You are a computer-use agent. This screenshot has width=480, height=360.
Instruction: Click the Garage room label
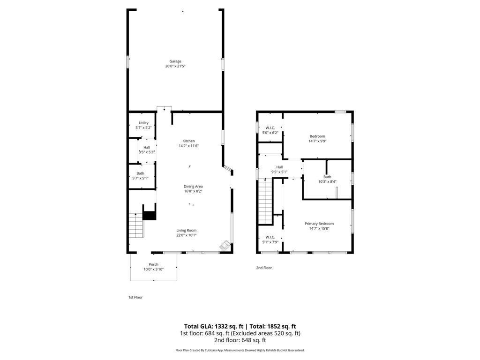click(175, 61)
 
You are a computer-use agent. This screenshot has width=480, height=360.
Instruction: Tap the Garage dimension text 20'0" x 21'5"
click(175, 66)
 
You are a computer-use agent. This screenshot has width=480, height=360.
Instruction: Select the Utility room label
click(143, 123)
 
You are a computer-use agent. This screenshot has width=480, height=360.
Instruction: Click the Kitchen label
click(188, 141)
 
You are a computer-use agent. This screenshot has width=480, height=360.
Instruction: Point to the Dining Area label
click(193, 187)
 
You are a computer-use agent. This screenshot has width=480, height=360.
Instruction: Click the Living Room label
click(187, 231)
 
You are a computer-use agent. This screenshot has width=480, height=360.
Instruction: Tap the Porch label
click(154, 264)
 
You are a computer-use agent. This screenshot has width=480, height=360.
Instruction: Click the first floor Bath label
click(140, 173)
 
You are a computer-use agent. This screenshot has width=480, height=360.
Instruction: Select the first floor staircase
click(136, 225)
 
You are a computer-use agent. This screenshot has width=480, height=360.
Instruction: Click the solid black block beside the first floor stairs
click(150, 216)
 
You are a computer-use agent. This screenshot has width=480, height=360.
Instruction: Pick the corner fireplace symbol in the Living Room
click(225, 246)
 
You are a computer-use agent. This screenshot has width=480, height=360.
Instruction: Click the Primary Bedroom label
click(319, 224)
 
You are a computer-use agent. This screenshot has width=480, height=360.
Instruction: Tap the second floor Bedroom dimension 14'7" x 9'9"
click(317, 141)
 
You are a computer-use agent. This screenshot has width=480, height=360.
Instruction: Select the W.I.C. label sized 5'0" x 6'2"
click(270, 127)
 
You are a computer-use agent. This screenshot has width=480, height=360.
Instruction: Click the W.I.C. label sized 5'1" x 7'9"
click(270, 237)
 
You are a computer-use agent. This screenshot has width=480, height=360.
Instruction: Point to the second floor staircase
click(265, 202)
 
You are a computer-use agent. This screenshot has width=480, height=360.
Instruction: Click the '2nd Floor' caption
click(264, 268)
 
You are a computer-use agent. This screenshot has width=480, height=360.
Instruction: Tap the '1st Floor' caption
click(135, 297)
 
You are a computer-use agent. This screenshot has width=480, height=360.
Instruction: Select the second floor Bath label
click(327, 177)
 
